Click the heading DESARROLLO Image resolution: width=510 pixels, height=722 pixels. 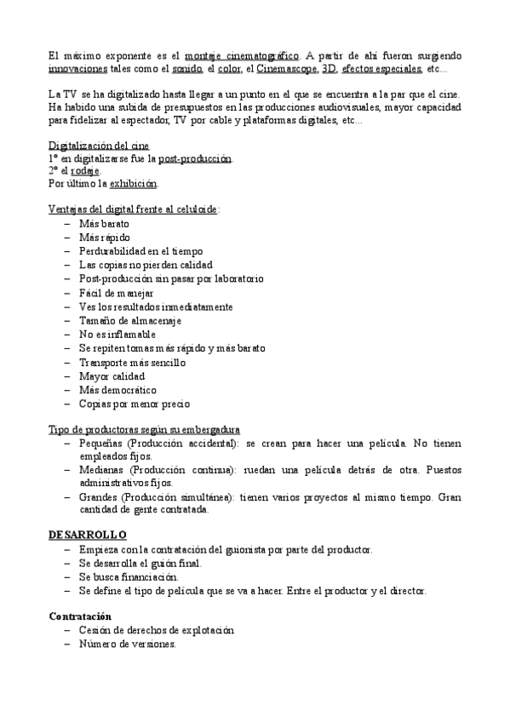tap(88, 534)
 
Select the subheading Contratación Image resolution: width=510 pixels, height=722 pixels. tap(80, 615)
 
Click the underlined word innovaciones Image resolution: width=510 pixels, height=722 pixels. tap(78, 68)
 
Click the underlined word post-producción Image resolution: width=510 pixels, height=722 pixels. tap(195, 158)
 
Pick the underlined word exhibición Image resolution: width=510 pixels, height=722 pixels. tap(133, 184)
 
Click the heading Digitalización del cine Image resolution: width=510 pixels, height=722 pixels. tap(99, 146)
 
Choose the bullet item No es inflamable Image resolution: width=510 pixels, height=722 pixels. tap(117, 335)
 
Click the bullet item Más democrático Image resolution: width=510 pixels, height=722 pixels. tap(117, 389)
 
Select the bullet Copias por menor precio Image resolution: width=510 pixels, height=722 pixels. tap(134, 404)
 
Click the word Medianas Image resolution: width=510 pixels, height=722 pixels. tap(104, 470)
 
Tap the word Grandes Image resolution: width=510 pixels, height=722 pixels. tap(101, 497)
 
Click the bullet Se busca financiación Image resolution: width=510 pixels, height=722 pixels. tap(129, 576)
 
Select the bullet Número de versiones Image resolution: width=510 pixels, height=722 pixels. tap(128, 644)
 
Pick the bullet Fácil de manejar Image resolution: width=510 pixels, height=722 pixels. tap(116, 293)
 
